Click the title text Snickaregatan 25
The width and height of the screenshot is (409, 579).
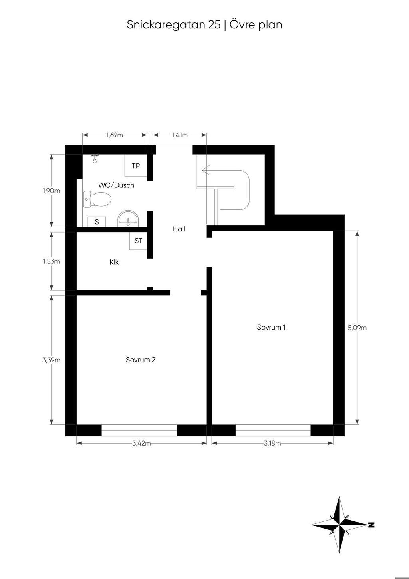(x=174, y=25)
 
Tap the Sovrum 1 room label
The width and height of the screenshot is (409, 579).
(x=271, y=327)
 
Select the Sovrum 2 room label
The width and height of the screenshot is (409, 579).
(x=141, y=360)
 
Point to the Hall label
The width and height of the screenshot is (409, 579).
(x=179, y=229)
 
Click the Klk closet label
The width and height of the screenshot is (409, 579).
(x=114, y=262)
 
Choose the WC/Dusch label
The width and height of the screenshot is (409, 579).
(x=116, y=185)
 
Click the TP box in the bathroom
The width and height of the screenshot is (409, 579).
(x=136, y=165)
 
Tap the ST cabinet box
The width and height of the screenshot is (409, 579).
(x=138, y=241)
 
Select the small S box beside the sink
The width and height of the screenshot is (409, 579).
(x=97, y=222)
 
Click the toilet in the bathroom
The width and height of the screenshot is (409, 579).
(x=97, y=199)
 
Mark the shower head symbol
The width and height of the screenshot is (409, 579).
(x=95, y=159)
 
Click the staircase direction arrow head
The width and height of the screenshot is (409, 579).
(x=206, y=170)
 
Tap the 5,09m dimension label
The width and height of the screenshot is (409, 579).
(x=357, y=328)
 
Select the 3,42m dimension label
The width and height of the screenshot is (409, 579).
(x=141, y=443)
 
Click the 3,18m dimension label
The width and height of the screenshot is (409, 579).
(x=272, y=443)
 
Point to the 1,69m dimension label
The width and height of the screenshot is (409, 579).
(x=115, y=135)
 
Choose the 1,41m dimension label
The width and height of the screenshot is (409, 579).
(x=180, y=135)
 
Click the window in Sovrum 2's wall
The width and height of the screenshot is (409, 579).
(x=139, y=430)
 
